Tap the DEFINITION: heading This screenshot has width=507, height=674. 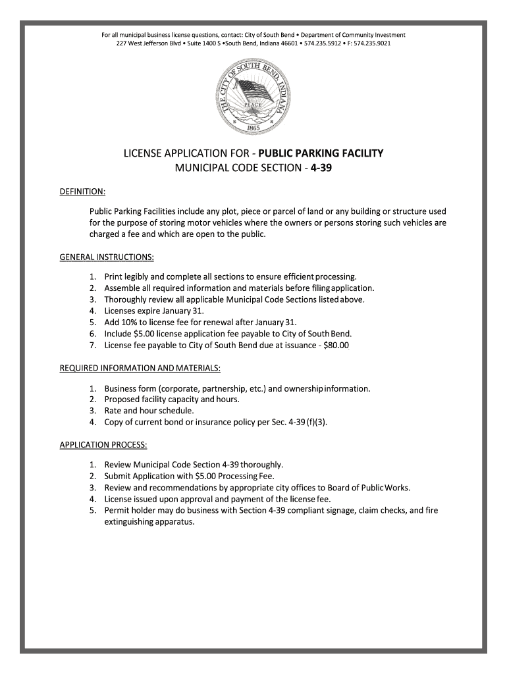coord(83,192)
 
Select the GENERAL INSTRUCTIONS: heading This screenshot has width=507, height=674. coord(107,256)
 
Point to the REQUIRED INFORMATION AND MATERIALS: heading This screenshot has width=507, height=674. coord(140,367)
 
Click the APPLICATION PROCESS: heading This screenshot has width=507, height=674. coord(103,444)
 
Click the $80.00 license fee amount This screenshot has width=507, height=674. coord(336,345)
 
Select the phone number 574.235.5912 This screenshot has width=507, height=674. coord(322,43)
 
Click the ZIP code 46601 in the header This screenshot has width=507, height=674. coord(288,43)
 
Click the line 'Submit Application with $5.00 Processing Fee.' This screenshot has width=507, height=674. coord(190,476)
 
